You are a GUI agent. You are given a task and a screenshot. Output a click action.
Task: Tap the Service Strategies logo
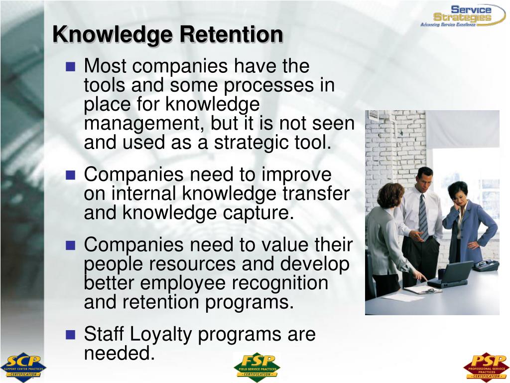pyautogui.click(x=456, y=15)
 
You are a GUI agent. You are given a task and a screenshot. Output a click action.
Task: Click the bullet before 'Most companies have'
pyautogui.click(x=70, y=66)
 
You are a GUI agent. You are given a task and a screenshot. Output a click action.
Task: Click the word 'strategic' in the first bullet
pyautogui.click(x=254, y=142)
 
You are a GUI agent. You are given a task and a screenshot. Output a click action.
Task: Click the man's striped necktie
pyautogui.click(x=423, y=216)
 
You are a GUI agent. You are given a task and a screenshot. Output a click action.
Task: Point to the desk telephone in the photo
pyautogui.click(x=486, y=265)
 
